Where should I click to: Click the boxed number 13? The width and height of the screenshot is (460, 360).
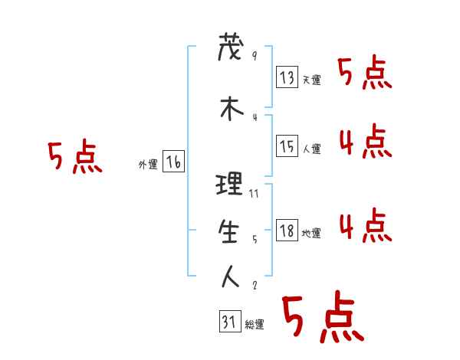pos(287,77)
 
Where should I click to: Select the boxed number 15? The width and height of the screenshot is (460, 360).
pos(287,146)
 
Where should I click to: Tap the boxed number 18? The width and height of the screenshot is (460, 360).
pos(287,231)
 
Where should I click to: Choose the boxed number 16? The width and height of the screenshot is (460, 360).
pos(174,162)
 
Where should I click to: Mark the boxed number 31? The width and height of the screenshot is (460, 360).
pos(229,322)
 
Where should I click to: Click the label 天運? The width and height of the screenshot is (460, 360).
pos(311,80)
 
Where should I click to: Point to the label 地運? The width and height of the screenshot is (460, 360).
pos(311,234)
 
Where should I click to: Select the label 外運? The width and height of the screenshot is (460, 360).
pos(148,164)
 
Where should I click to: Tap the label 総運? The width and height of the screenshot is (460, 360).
pos(255,325)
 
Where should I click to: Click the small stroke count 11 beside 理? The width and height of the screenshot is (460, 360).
pos(254,194)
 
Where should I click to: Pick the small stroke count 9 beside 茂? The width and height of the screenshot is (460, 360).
pos(254,55)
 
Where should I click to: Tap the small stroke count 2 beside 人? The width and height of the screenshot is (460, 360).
pos(254,286)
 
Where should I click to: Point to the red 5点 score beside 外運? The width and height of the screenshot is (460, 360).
pos(74,159)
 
